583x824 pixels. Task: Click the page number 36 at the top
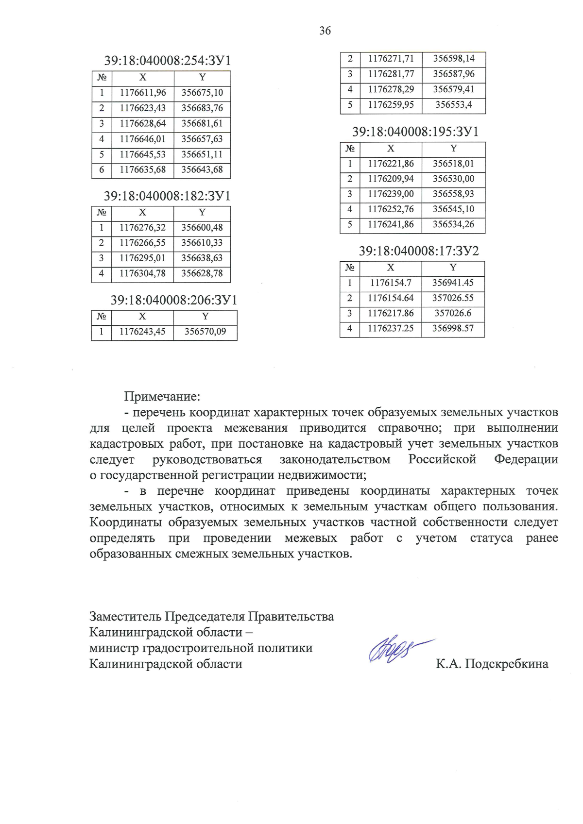pos(325,31)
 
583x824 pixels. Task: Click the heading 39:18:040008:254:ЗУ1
pos(168,61)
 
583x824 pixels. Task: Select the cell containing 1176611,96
pos(143,93)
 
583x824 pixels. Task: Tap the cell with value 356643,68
pos(202,170)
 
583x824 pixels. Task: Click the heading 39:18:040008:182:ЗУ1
pos(167,196)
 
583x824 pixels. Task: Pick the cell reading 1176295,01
pos(142,258)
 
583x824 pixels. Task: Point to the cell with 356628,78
pos(202,274)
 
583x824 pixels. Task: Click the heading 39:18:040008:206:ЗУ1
pos(173,300)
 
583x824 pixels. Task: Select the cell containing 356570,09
pos(205,332)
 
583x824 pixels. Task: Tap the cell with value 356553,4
pos(453,105)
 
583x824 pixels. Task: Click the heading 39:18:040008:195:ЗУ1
pos(415,132)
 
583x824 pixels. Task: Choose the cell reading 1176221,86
pos(391,164)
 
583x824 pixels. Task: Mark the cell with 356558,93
pos(453,194)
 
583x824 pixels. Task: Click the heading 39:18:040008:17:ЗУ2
pos(419,251)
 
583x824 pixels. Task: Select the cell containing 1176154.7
pos(391,283)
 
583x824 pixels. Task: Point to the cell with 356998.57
pos(453,329)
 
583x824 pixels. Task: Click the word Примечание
pos(162,396)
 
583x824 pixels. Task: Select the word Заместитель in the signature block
pos(125,617)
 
